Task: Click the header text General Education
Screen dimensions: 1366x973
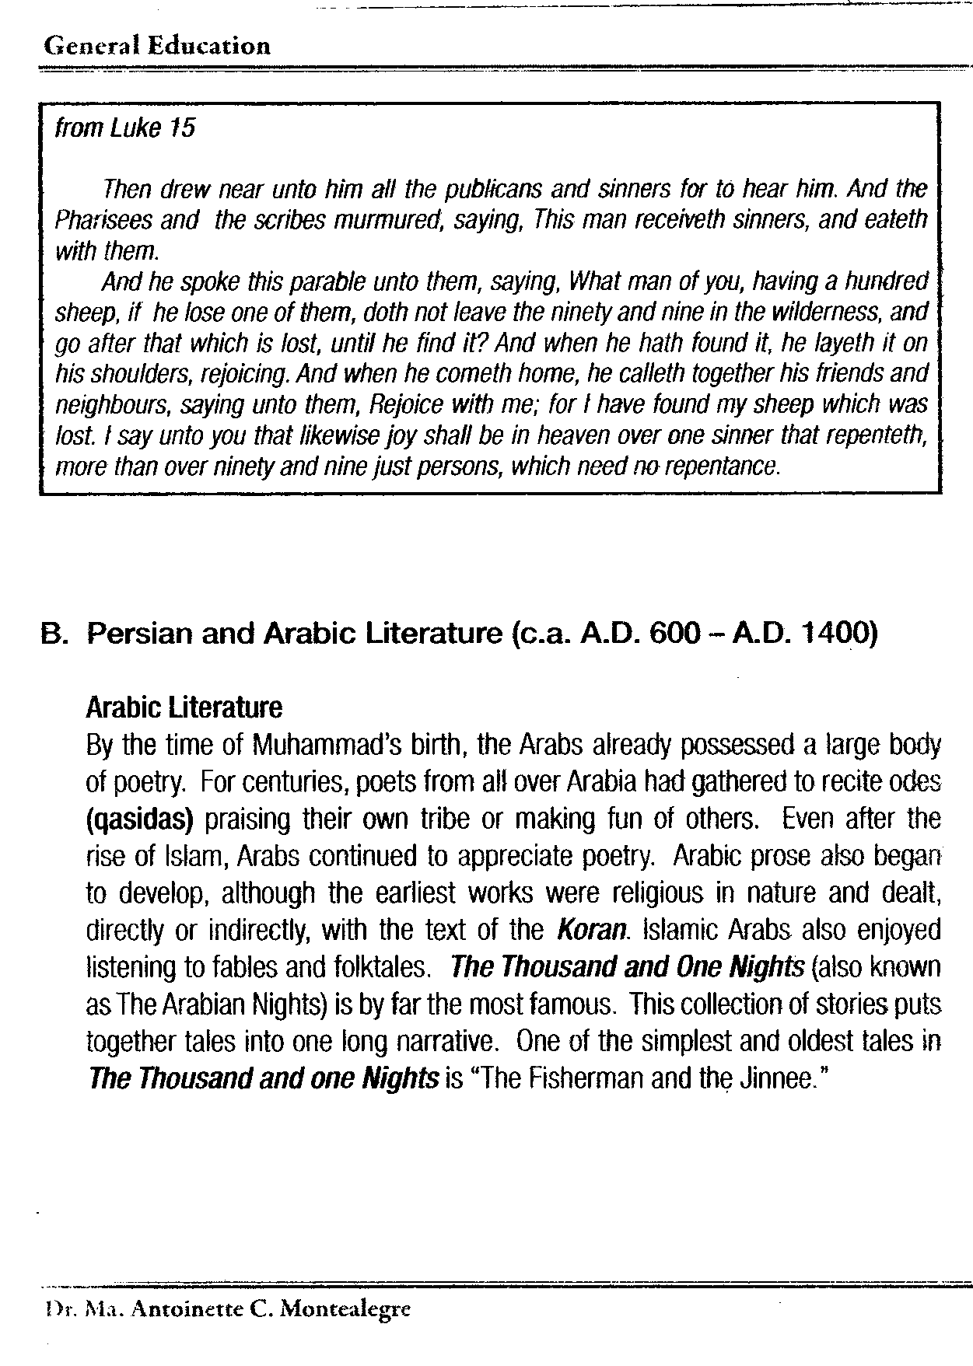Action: pos(157,46)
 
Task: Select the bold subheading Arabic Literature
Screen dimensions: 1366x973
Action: pos(184,707)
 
